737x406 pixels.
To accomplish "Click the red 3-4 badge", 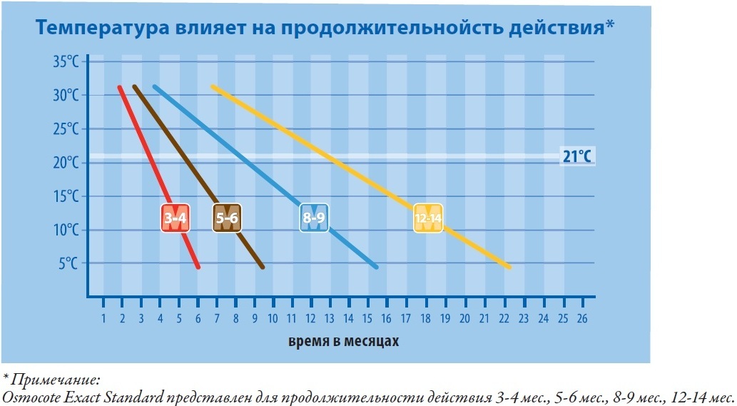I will click(176, 218).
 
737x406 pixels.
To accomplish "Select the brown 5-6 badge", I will click(228, 218).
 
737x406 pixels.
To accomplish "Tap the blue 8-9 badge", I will click(313, 218).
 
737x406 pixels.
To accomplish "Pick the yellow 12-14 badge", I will click(428, 218).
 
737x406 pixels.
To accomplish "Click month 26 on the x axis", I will click(581, 318).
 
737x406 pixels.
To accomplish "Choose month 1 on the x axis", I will click(103, 318).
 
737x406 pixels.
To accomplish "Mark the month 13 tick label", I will click(330, 318).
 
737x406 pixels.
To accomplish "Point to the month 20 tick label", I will click(465, 318).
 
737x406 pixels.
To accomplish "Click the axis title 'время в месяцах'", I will click(343, 341).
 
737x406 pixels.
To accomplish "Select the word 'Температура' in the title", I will click(101, 29).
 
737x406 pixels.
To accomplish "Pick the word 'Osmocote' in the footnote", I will click(29, 395).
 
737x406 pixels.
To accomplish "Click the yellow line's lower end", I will click(509, 267).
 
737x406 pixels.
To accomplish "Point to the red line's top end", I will click(119, 87).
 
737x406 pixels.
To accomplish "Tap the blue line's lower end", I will click(375, 267).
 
